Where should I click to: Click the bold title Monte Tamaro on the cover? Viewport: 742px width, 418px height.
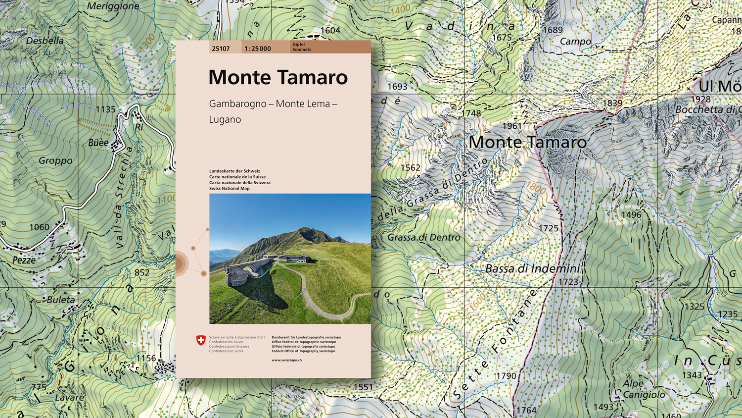tap(278, 77)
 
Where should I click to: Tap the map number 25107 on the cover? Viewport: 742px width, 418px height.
tap(221, 49)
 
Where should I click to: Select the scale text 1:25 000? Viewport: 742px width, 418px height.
tap(258, 49)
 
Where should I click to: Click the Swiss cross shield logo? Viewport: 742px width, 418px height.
tap(201, 340)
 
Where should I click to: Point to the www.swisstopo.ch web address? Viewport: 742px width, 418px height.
tap(286, 360)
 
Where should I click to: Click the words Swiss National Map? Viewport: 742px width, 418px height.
tap(229, 189)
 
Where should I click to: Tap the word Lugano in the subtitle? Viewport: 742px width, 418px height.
tap(225, 119)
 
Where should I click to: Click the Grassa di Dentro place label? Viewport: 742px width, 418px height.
tap(423, 237)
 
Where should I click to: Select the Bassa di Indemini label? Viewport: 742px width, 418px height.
tap(532, 268)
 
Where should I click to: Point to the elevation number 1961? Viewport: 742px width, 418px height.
tap(512, 126)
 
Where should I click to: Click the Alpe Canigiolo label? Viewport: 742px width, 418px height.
tap(643, 389)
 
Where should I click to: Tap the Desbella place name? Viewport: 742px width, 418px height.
tap(45, 41)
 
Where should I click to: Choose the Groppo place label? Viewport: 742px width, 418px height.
tap(55, 160)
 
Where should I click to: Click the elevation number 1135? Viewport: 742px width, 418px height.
tap(105, 109)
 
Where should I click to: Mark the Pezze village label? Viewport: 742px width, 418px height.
tap(24, 260)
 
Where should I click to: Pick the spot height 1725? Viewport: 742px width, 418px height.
tap(548, 228)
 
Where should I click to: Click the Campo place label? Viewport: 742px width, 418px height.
tap(575, 42)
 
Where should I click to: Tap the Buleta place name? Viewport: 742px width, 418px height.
tap(61, 300)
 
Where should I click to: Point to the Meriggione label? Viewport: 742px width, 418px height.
tap(113, 6)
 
